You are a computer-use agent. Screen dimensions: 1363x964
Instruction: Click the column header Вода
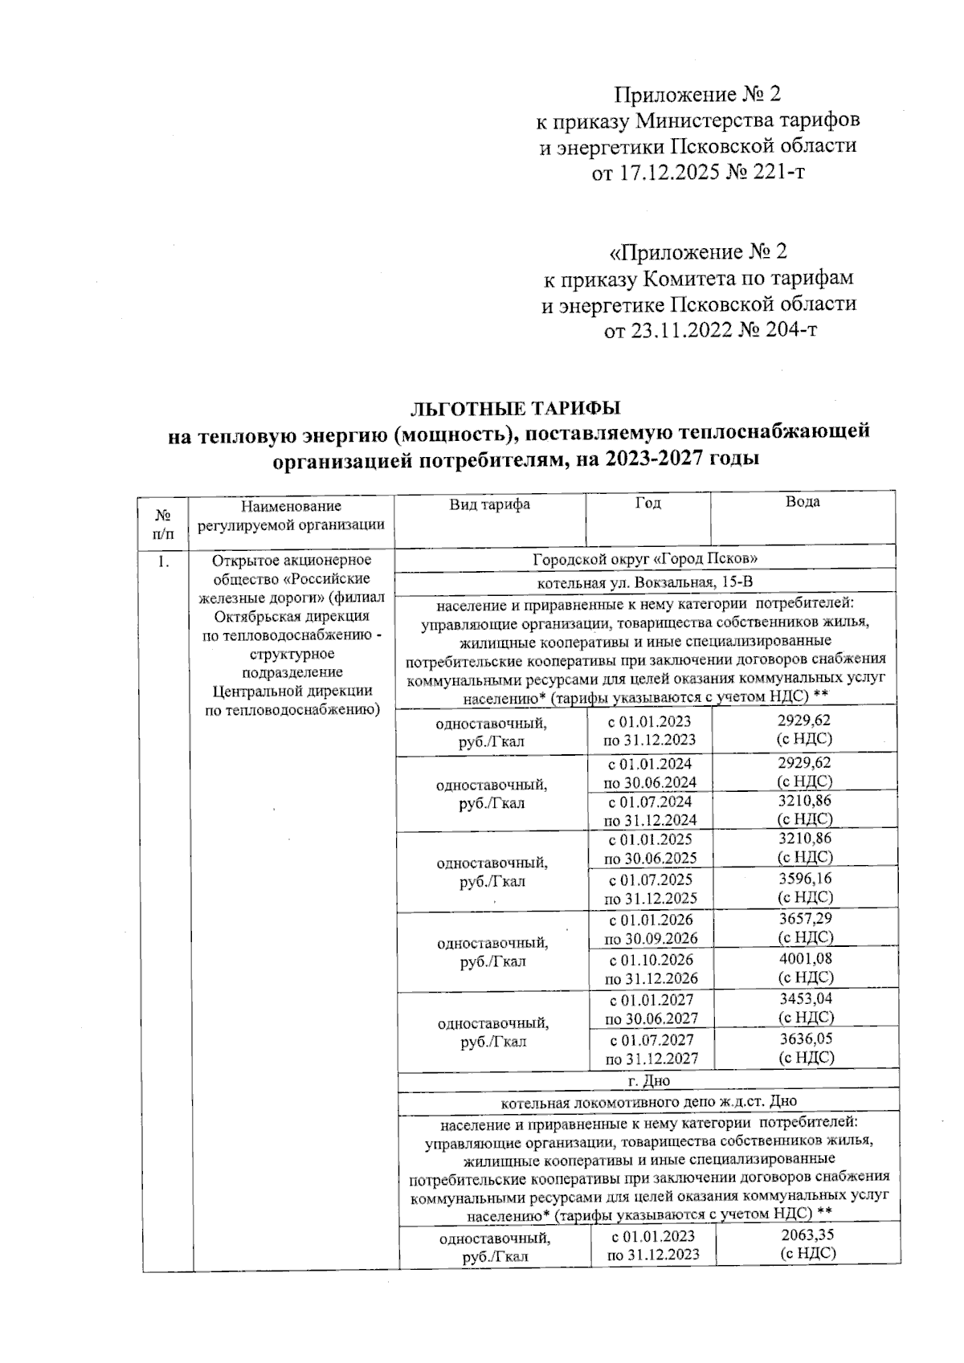pyautogui.click(x=803, y=503)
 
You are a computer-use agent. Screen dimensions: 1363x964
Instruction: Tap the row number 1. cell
pyautogui.click(x=164, y=561)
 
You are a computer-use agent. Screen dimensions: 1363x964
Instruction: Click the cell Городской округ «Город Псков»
pyautogui.click(x=646, y=558)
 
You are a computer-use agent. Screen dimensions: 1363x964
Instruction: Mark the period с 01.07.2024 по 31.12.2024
pyautogui.click(x=650, y=810)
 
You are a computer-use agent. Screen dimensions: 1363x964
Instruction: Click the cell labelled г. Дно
pyautogui.click(x=647, y=1081)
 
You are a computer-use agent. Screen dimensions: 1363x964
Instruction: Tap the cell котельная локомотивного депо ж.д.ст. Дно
pyautogui.click(x=647, y=1101)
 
